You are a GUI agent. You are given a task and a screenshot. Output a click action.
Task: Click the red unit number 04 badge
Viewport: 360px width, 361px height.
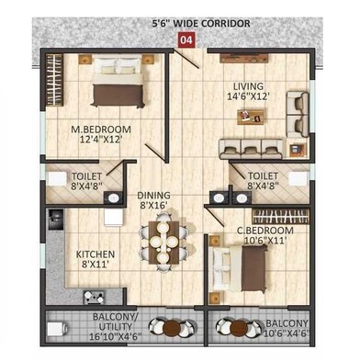(x=186, y=39)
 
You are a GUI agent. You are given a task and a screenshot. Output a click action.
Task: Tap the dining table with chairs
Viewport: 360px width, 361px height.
(x=161, y=243)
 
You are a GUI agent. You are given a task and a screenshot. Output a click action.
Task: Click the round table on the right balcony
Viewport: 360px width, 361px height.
(x=239, y=327)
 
